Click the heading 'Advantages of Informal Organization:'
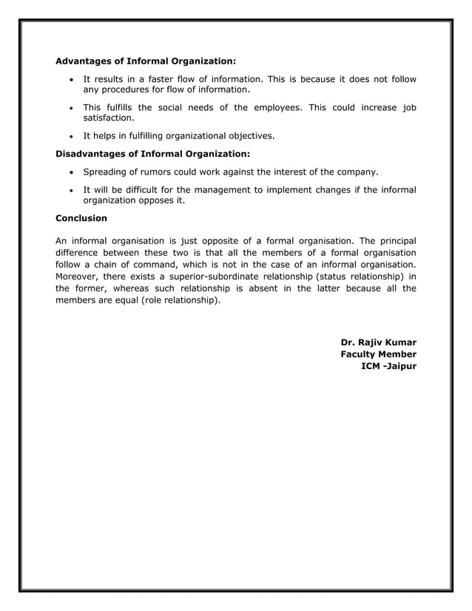[146, 60]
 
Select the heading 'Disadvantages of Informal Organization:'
[153, 154]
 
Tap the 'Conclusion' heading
[81, 218]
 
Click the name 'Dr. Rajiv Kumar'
[378, 342]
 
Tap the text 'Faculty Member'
[378, 354]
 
